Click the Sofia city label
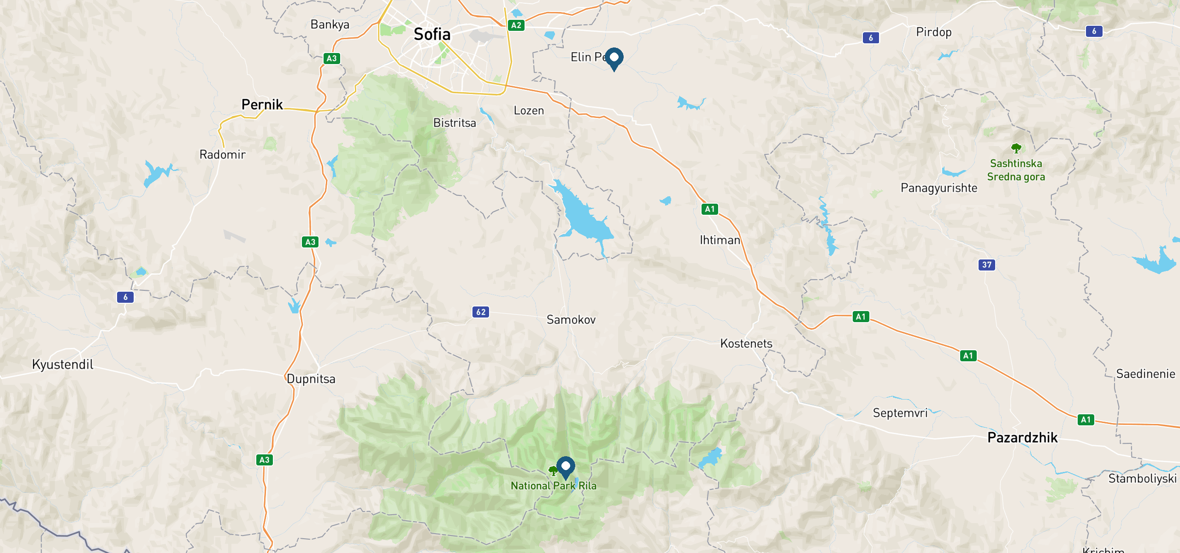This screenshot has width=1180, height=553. [x=432, y=34]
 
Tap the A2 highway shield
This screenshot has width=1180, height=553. [x=516, y=25]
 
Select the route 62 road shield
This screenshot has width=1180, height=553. [x=481, y=312]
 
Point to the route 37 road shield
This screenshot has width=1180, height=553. [x=986, y=265]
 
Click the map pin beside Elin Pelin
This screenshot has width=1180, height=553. [x=614, y=58]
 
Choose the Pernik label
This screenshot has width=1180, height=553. [x=262, y=105]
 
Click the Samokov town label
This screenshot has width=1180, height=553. [x=571, y=320]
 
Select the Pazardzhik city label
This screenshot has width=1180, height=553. [x=1022, y=438]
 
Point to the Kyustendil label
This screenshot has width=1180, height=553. [x=63, y=365]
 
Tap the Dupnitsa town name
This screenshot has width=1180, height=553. [x=311, y=379]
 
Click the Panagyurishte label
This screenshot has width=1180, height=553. [x=939, y=188]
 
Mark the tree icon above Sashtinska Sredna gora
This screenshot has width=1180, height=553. [x=1016, y=148]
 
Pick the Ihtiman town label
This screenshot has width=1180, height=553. [x=720, y=240]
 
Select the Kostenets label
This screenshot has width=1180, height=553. [x=746, y=344]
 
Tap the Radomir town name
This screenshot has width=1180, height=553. [x=222, y=154]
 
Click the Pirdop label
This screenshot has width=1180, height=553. [x=934, y=32]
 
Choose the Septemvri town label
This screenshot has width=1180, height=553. [x=900, y=413]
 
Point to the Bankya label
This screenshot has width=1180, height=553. [x=330, y=24]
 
